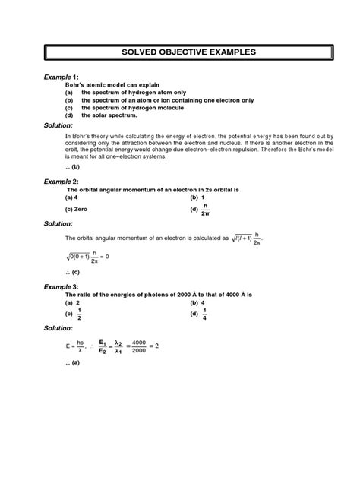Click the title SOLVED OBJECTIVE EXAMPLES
pos(179,52)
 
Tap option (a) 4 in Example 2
pos(73,197)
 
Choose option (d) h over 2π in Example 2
pos(204,209)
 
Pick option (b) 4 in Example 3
pos(201,301)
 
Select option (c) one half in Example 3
pos(74,313)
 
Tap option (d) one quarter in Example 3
pos(202,313)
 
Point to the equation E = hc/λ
pos(79,346)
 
